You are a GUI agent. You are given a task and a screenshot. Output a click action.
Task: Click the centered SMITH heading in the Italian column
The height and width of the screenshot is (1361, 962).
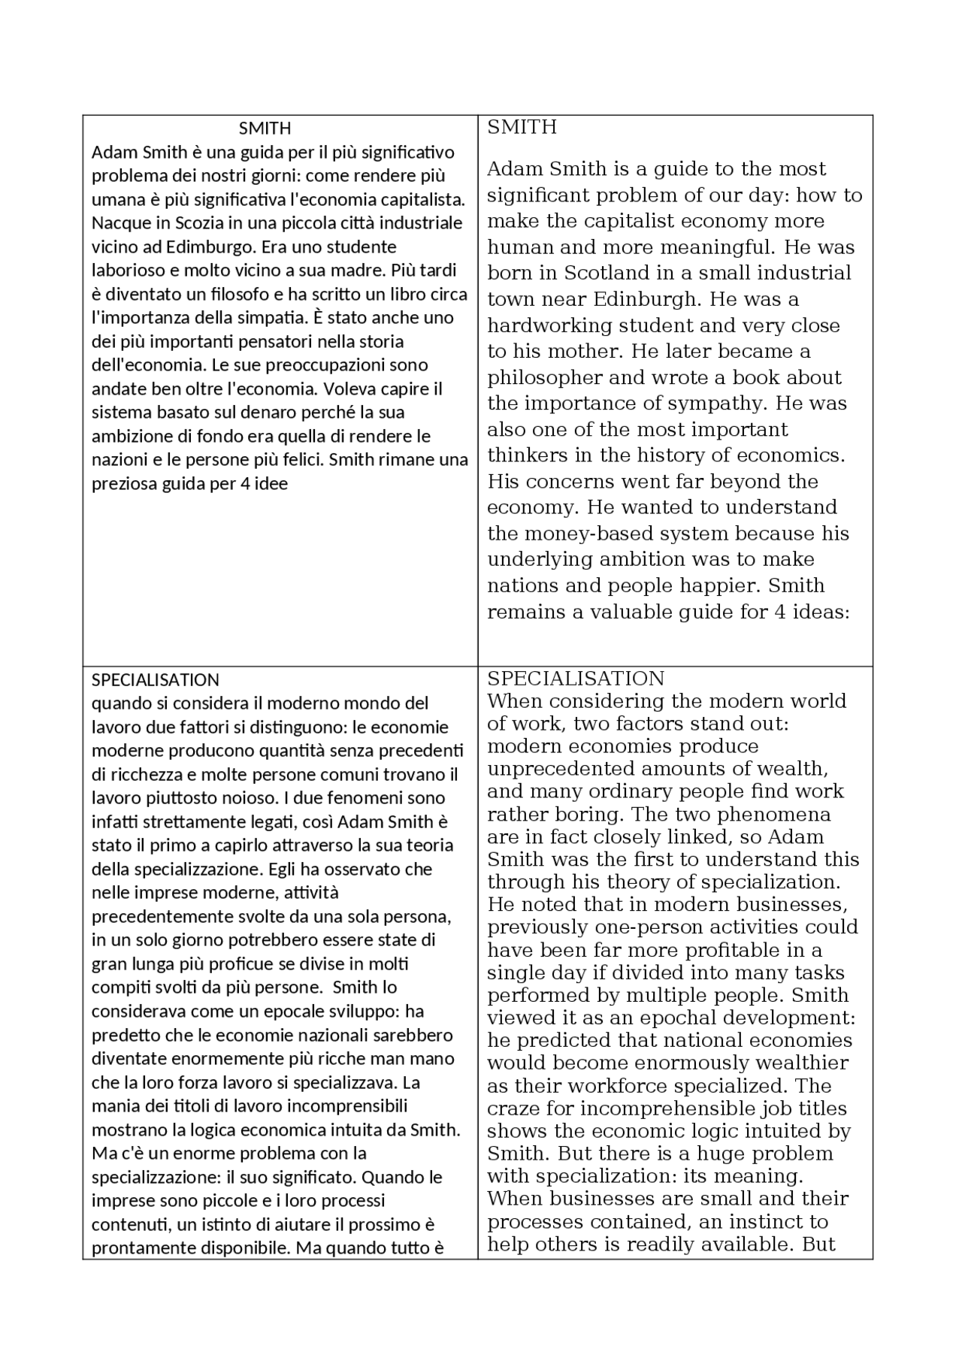[265, 129]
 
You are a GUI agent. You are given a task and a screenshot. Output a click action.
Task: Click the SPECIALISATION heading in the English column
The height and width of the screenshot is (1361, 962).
[576, 679]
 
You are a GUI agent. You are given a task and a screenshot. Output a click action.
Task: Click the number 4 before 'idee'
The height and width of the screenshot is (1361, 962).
[245, 484]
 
